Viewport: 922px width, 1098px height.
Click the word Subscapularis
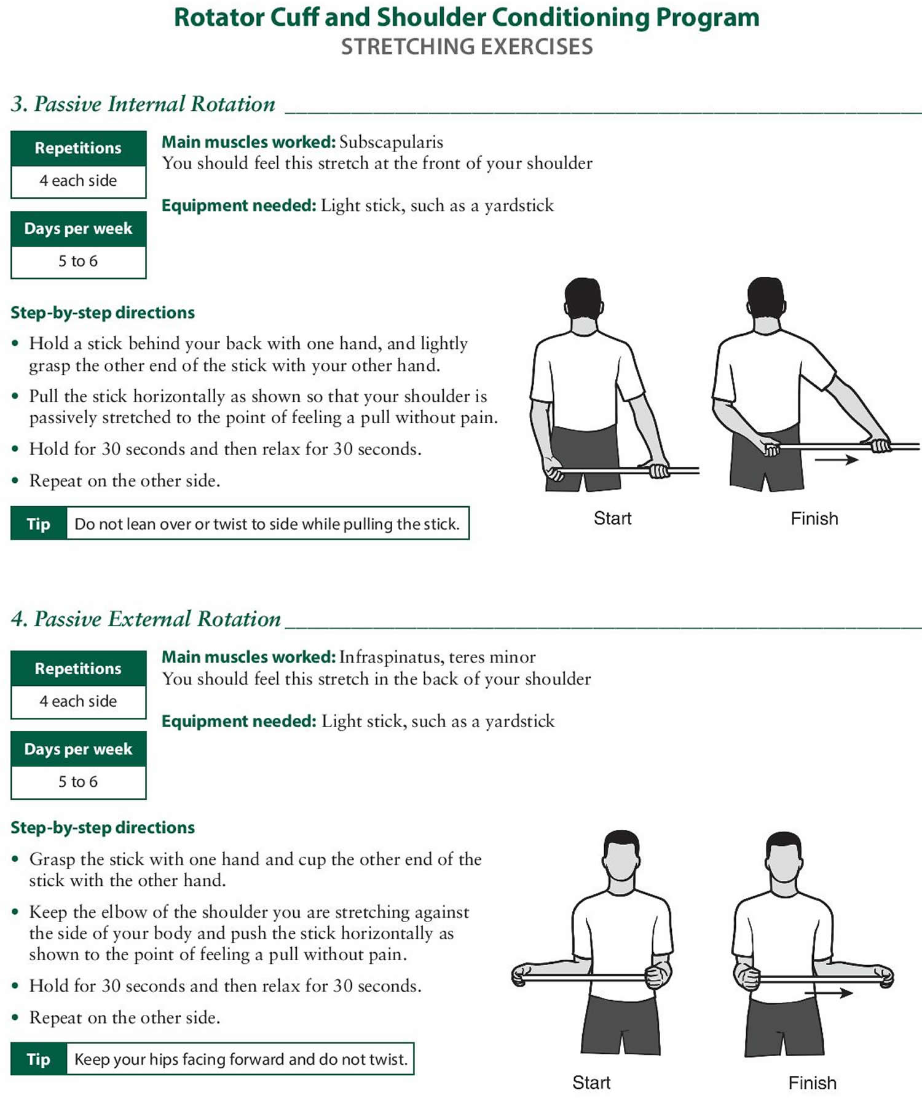pos(391,142)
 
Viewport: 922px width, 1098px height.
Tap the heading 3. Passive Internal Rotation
pos(143,104)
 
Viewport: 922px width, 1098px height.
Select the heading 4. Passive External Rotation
pos(146,619)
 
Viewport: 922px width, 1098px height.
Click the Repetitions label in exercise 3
pos(78,148)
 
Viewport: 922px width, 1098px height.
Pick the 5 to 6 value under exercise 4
pos(78,781)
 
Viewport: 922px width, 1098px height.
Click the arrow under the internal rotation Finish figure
pos(836,459)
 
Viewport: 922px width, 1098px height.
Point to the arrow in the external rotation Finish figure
pos(829,993)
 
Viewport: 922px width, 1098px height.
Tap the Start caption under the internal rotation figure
pos(612,518)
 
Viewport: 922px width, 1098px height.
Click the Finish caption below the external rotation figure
pos(812,1083)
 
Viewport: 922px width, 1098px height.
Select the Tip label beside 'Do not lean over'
pos(39,523)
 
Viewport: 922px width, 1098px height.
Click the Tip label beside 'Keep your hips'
pos(39,1059)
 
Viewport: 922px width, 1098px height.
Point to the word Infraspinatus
pos(391,657)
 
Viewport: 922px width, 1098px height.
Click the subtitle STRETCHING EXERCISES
pos(467,47)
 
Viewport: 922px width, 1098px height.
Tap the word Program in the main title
pos(707,17)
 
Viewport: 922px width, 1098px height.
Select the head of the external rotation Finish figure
pos(783,856)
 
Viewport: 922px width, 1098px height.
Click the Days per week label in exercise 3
pos(78,229)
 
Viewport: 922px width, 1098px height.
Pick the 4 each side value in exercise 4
pos(78,701)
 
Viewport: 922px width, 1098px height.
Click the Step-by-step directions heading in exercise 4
pos(103,827)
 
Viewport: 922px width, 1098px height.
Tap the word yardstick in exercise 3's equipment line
pos(519,205)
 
